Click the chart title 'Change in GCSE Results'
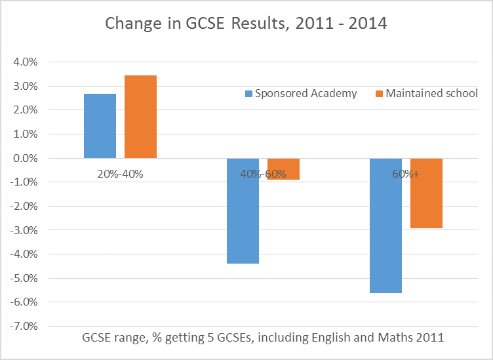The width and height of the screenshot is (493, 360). point(246,25)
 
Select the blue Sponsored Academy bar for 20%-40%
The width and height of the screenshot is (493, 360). point(100,126)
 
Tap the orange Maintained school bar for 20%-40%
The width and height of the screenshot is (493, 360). point(140,117)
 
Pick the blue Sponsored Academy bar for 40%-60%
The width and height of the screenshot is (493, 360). point(243,210)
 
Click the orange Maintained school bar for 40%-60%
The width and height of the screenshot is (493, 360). point(283,169)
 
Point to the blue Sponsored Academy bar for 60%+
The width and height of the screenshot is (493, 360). point(385,225)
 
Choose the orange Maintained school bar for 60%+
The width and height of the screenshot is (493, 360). point(426,193)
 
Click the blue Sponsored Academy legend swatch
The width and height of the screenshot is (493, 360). point(248,94)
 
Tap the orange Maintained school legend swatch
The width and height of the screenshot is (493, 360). point(379,94)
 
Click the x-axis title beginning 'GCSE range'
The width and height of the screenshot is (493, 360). point(263,338)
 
